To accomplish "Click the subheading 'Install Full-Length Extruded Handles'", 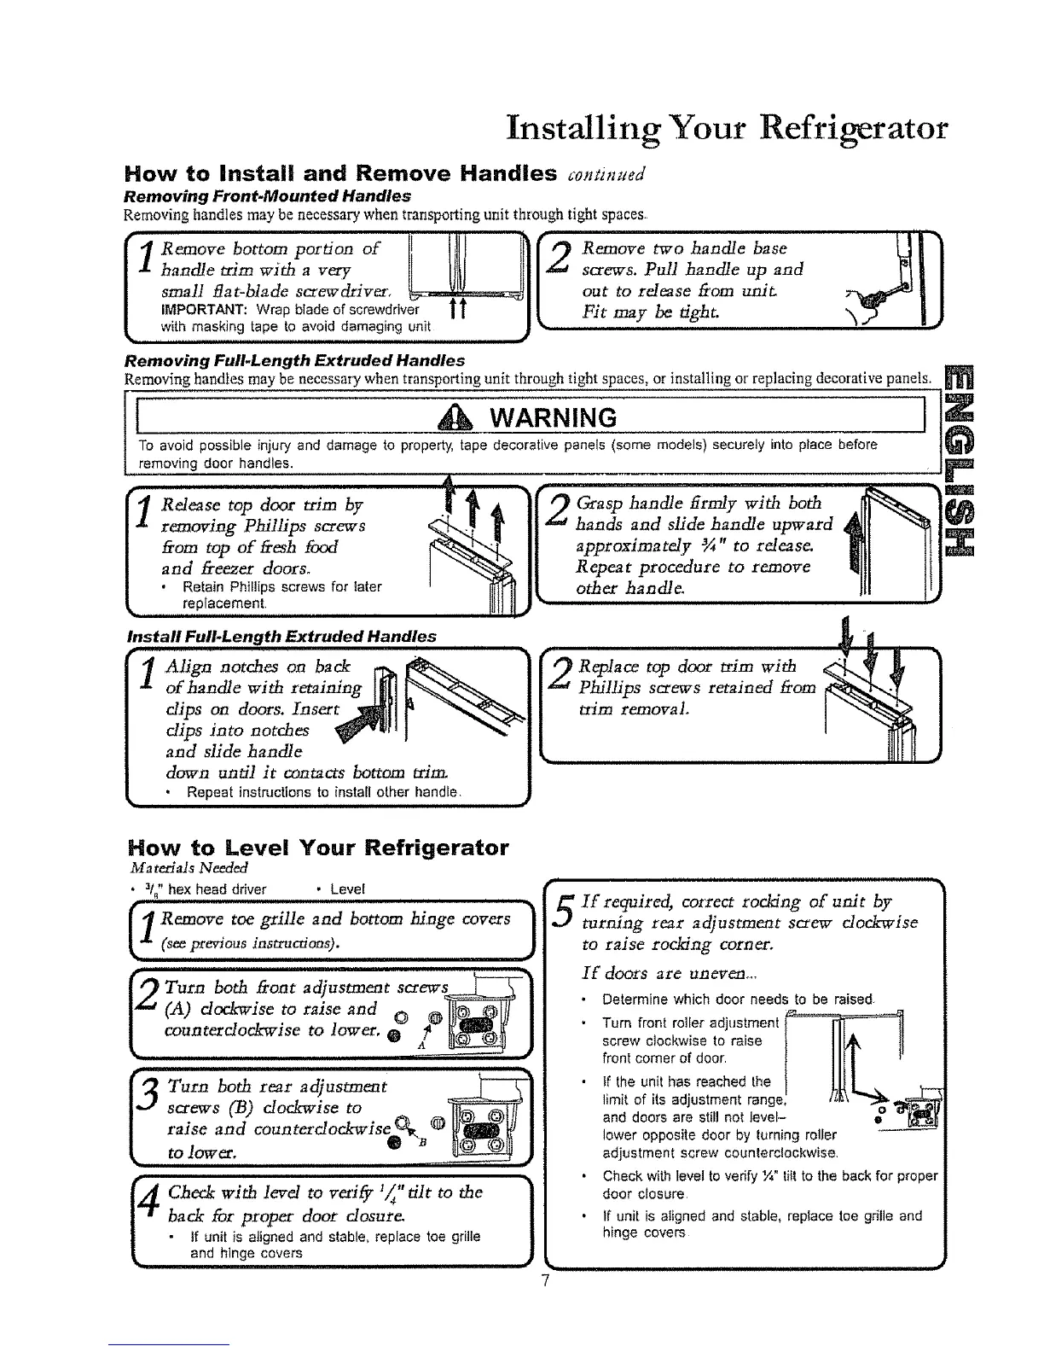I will pos(281,635).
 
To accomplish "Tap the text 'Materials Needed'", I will pos(176,868).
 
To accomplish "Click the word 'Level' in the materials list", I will pos(346,889).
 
